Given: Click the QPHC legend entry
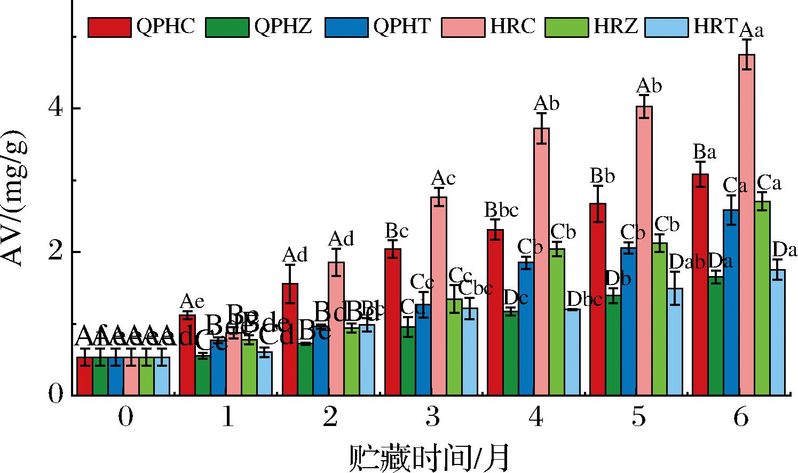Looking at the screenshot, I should (x=142, y=26).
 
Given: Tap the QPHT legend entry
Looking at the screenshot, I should (x=378, y=26).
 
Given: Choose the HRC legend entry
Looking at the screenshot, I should (x=489, y=26).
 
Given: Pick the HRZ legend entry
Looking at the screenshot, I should (x=592, y=26).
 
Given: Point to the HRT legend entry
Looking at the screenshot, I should (x=692, y=26).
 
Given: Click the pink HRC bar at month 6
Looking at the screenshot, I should (x=746, y=224).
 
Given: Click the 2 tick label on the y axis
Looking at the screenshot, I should (x=56, y=252).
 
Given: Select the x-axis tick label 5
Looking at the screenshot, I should (x=638, y=417).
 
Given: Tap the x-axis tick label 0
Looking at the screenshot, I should (x=125, y=417).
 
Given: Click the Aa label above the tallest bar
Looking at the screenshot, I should (x=751, y=29).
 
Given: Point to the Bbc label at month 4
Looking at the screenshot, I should (x=501, y=210).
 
